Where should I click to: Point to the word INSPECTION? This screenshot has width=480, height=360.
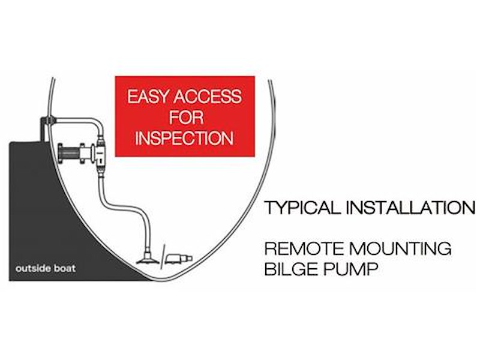[x=184, y=137]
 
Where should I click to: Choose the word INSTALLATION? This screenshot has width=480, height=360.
[x=412, y=208]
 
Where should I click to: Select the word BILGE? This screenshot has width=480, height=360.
[x=286, y=268]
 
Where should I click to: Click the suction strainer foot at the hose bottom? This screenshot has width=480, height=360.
[x=146, y=260]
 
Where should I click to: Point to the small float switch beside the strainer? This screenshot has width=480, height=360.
[x=179, y=259]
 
